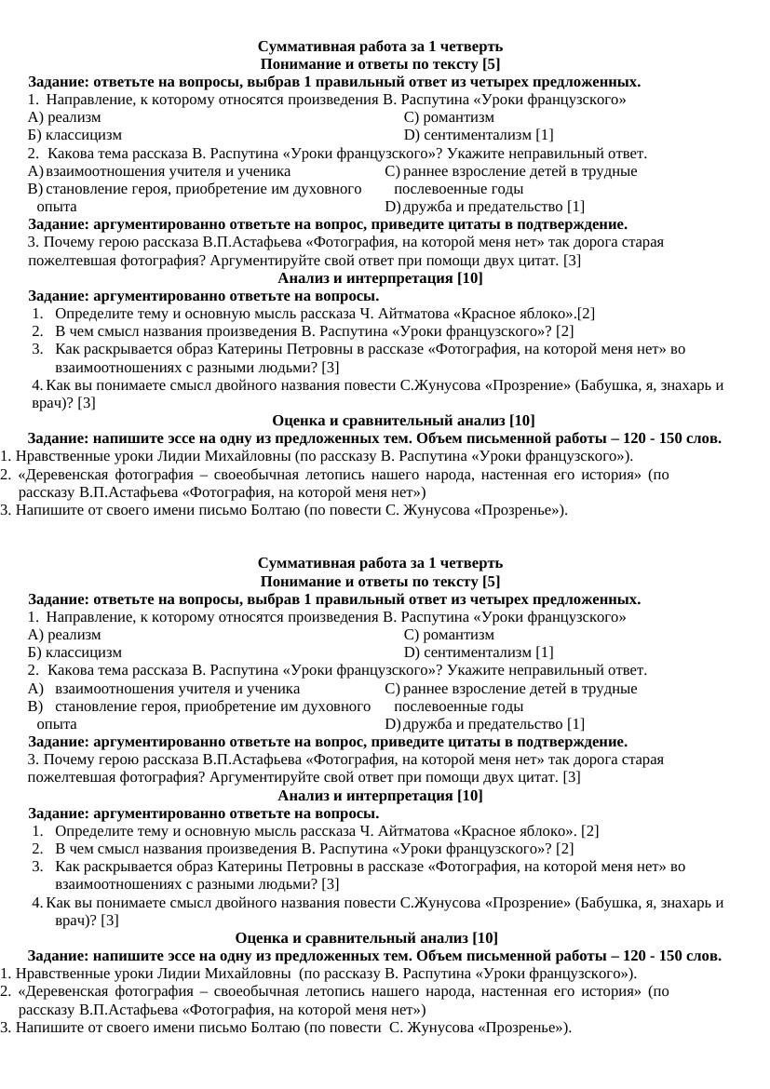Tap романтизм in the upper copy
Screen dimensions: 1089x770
point(458,117)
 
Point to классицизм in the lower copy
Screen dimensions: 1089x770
point(84,652)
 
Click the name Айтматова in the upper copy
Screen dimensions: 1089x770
point(413,314)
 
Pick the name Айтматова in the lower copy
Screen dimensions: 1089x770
point(413,831)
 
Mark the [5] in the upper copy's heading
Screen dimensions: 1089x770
point(491,64)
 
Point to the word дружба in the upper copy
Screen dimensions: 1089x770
point(426,207)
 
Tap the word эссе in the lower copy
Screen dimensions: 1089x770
point(159,956)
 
